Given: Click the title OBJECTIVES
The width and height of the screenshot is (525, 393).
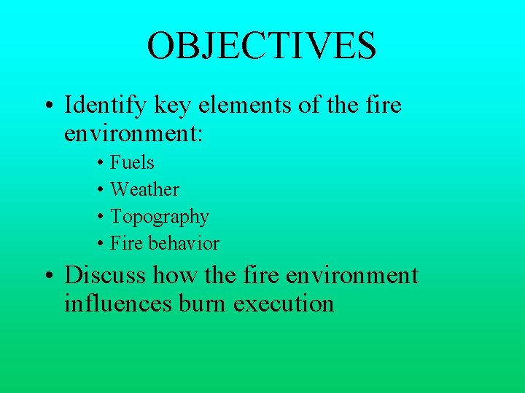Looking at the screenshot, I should click(x=262, y=45).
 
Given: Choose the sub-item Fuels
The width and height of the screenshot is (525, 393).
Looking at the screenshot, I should click(x=132, y=162).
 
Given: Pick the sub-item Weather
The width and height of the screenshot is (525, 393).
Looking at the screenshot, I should click(x=144, y=189).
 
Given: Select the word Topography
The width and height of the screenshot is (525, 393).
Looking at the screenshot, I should click(x=159, y=217).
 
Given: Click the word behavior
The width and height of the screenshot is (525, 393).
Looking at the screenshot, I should click(x=184, y=243).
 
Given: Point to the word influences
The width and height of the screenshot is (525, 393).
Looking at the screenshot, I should click(x=117, y=303).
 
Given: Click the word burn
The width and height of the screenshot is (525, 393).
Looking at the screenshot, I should click(x=202, y=303).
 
